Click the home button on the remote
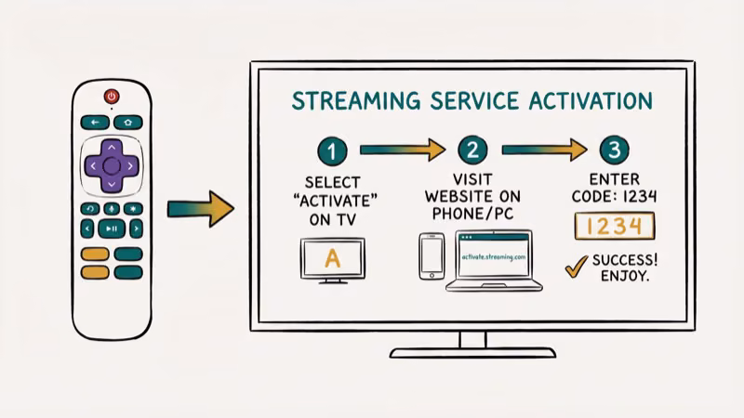(x=127, y=122)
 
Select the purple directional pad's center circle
(x=112, y=166)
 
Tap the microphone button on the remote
(x=112, y=208)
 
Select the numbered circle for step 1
(x=332, y=150)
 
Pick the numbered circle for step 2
(x=472, y=150)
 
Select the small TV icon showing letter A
(x=332, y=259)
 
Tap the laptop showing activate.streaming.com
(x=493, y=262)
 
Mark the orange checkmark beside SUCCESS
(x=576, y=268)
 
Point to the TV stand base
(x=472, y=352)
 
